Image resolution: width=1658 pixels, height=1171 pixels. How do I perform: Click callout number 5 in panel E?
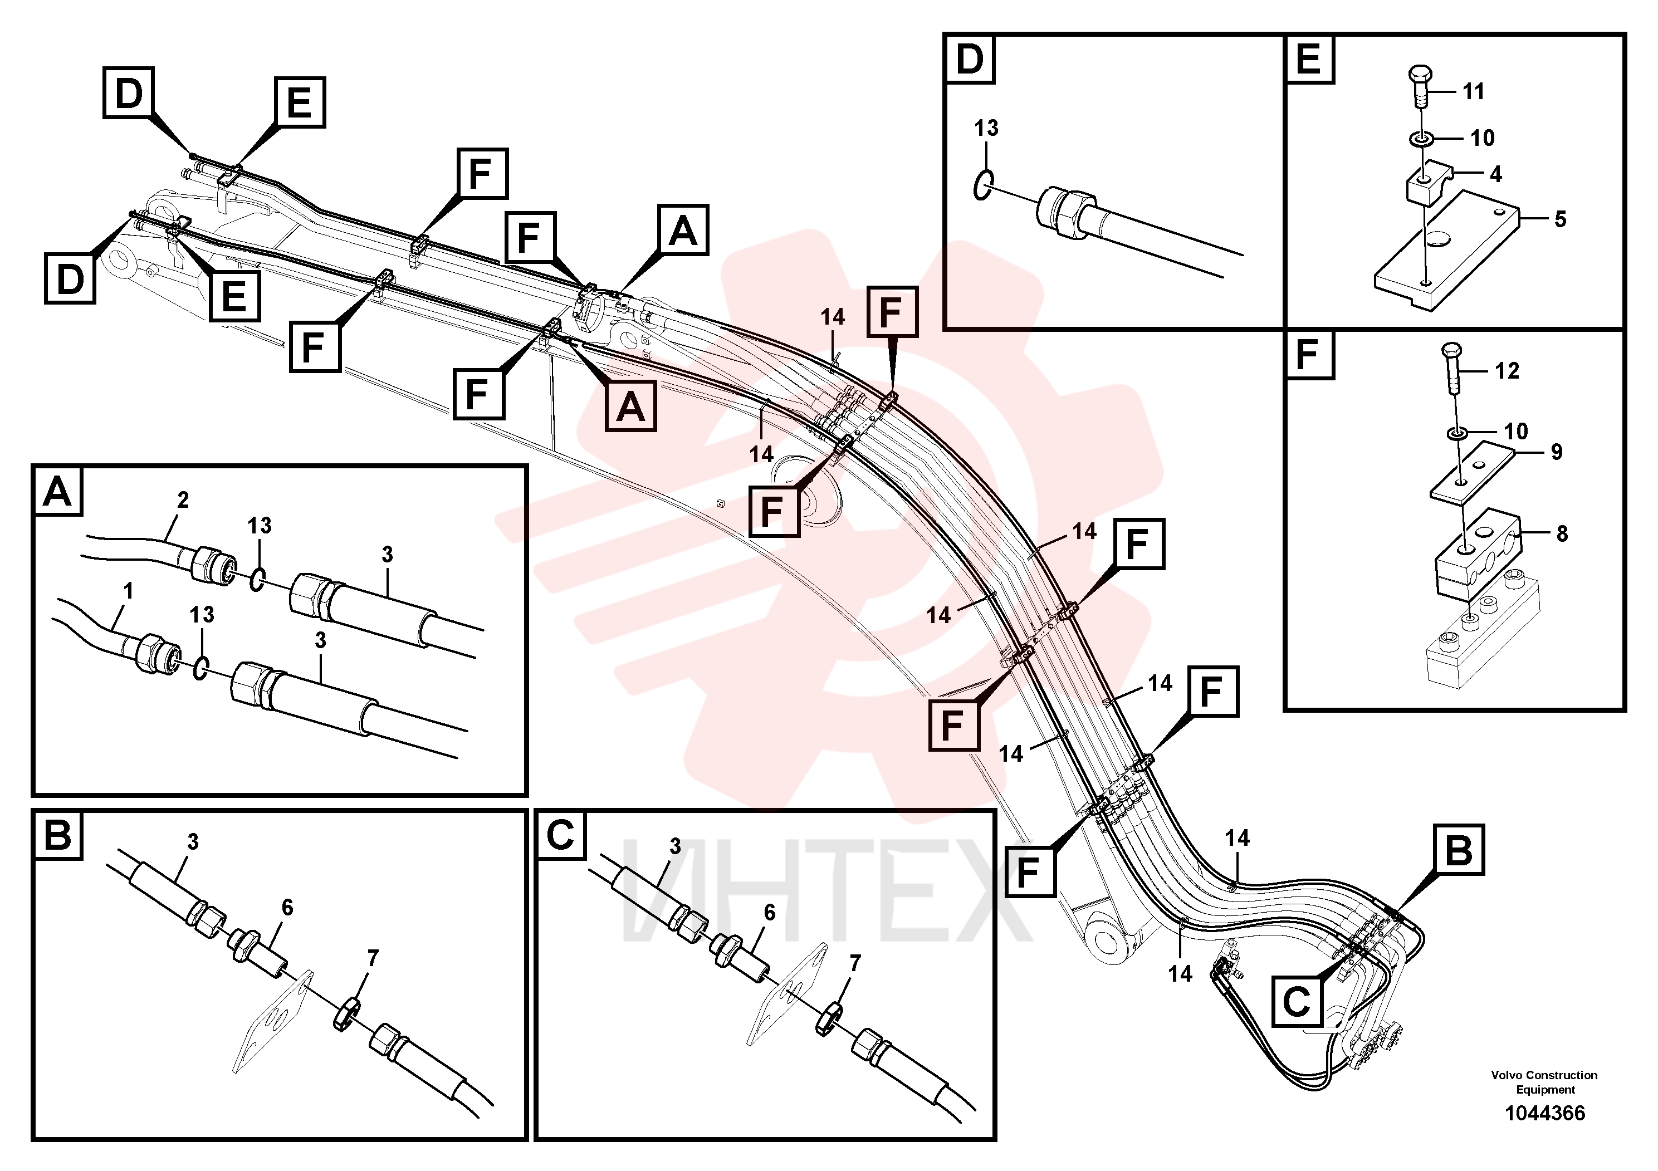point(1560,219)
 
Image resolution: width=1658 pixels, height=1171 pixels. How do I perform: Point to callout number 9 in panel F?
point(1556,452)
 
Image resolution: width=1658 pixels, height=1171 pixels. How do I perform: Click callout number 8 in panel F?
point(1562,533)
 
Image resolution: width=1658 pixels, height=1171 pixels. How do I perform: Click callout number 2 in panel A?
point(183,499)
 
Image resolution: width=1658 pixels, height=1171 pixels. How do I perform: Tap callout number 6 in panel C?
point(769,913)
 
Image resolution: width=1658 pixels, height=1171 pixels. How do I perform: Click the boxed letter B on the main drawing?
point(1458,850)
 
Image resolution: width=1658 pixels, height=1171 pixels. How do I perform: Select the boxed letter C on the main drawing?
point(1297,1001)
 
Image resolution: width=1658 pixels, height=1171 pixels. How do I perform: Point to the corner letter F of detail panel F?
point(1308,355)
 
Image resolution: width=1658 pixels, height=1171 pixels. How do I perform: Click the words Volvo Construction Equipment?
point(1544,1082)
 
